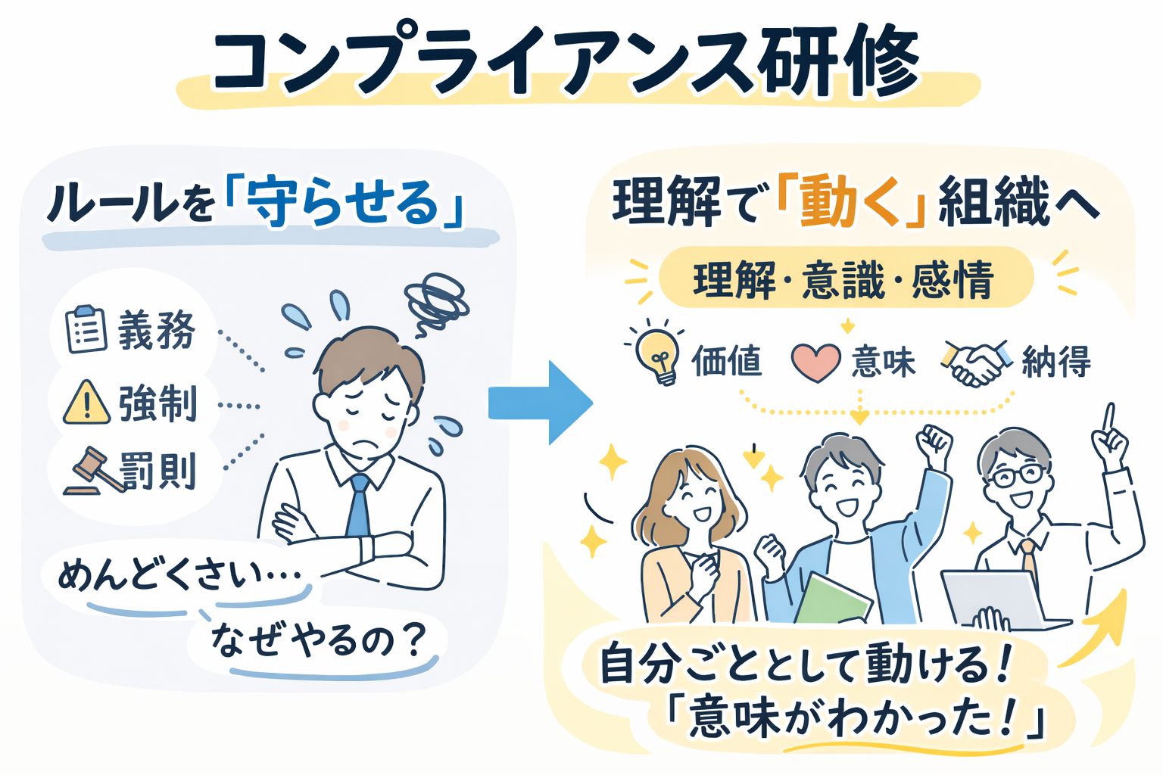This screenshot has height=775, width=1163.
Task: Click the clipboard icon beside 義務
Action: point(86,329)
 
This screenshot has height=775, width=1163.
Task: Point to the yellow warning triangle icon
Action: point(86,403)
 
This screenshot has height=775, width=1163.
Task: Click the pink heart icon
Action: point(815,362)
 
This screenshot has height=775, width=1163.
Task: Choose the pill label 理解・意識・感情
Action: point(844,279)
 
